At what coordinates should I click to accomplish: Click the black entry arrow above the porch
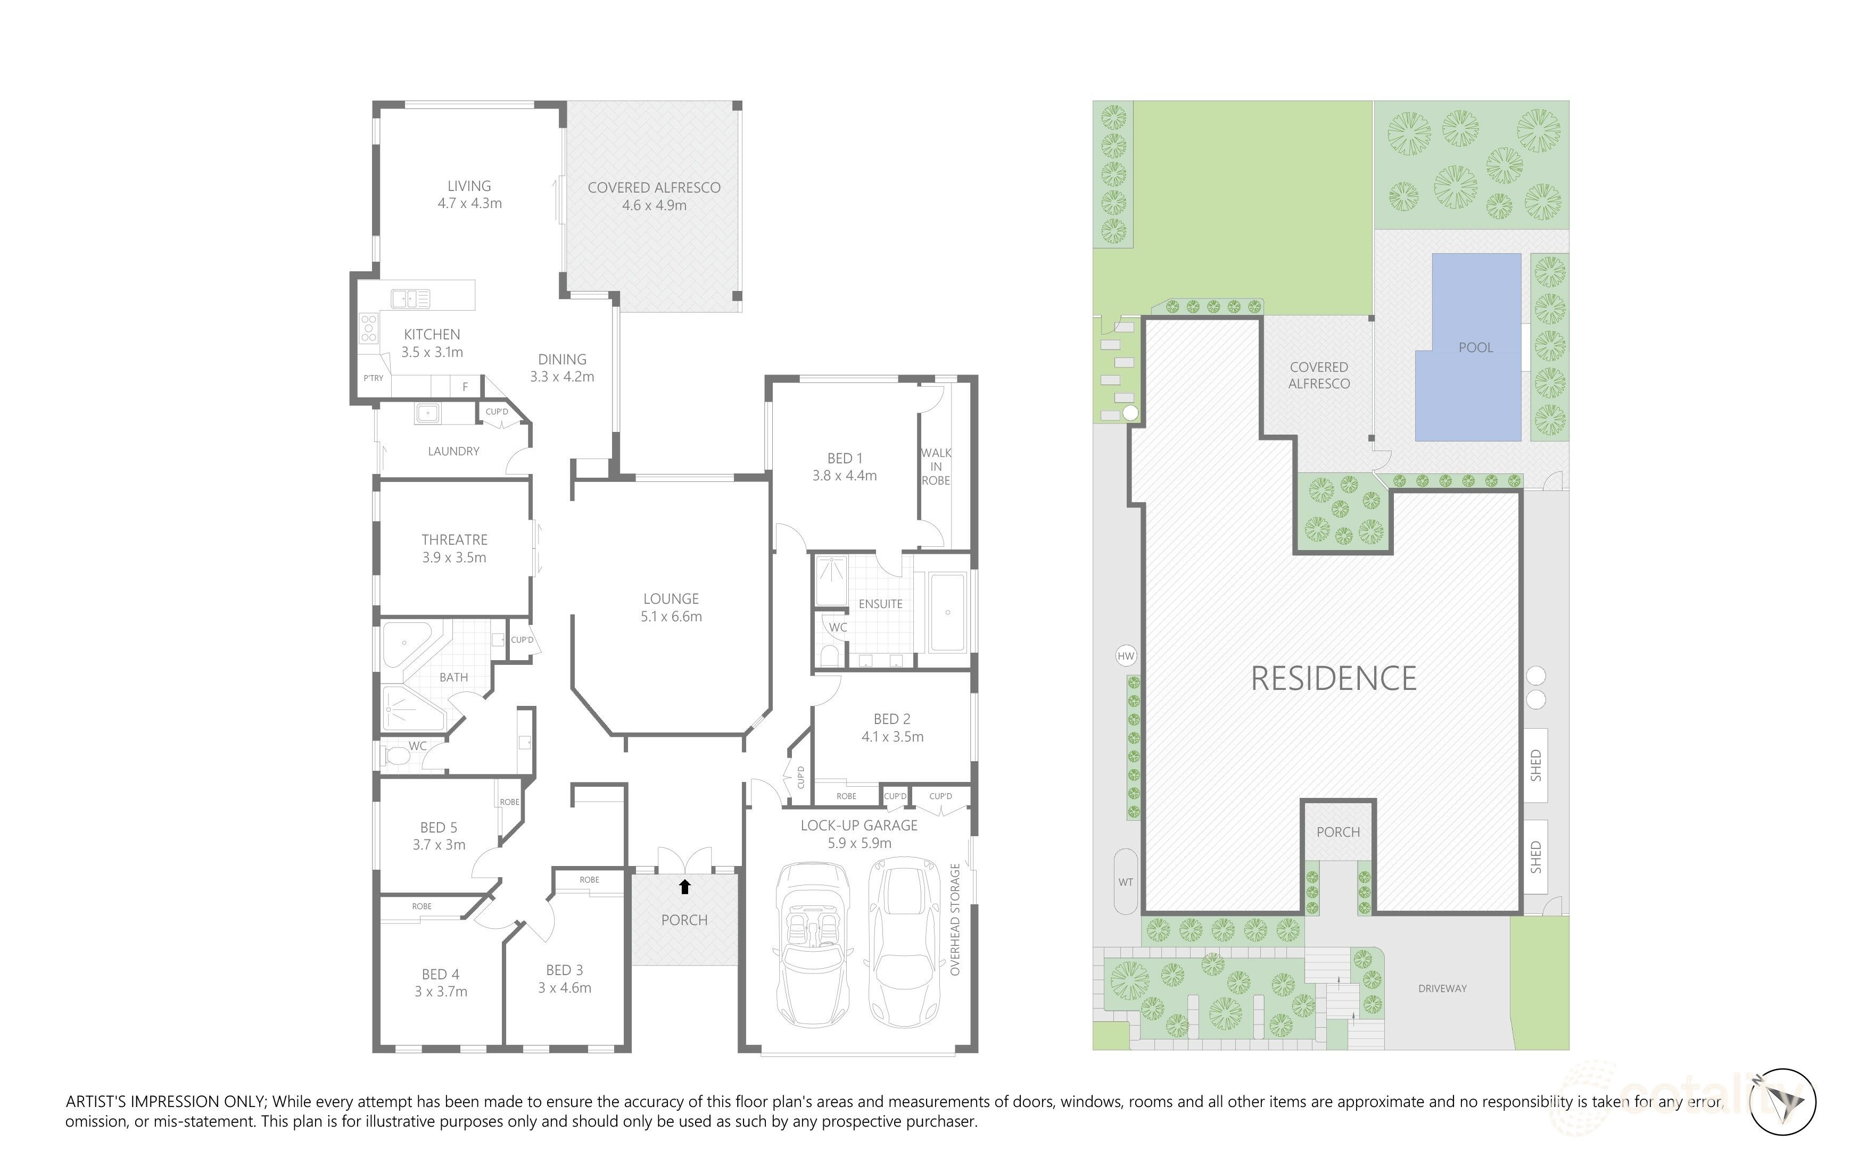click(x=684, y=887)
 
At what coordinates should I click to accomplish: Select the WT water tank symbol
click(x=1126, y=882)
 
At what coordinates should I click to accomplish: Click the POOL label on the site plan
click(x=1475, y=348)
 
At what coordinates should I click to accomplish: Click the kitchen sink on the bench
click(x=411, y=298)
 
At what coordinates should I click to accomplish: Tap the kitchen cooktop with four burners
click(x=369, y=329)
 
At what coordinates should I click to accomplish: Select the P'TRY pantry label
click(x=374, y=378)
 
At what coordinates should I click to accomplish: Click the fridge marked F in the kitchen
click(x=465, y=386)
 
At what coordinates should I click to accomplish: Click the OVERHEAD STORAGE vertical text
click(x=955, y=919)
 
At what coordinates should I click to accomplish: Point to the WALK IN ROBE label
click(x=936, y=467)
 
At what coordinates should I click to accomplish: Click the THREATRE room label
click(x=455, y=548)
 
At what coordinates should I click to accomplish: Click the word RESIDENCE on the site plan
click(x=1334, y=679)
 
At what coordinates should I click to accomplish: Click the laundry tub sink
click(x=427, y=414)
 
